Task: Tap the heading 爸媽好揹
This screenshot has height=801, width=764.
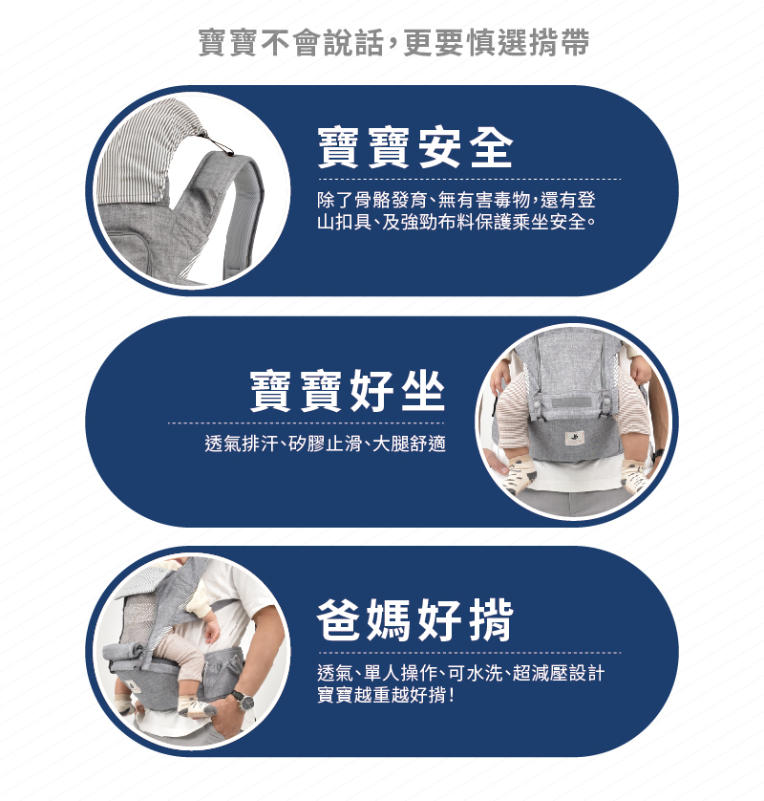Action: point(414,621)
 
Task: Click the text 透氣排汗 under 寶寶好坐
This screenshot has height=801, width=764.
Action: point(238,444)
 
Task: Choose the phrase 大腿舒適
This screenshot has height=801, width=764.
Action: point(411,444)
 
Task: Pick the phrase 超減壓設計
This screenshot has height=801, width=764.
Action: point(560,674)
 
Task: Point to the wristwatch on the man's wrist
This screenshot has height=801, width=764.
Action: point(244,701)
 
